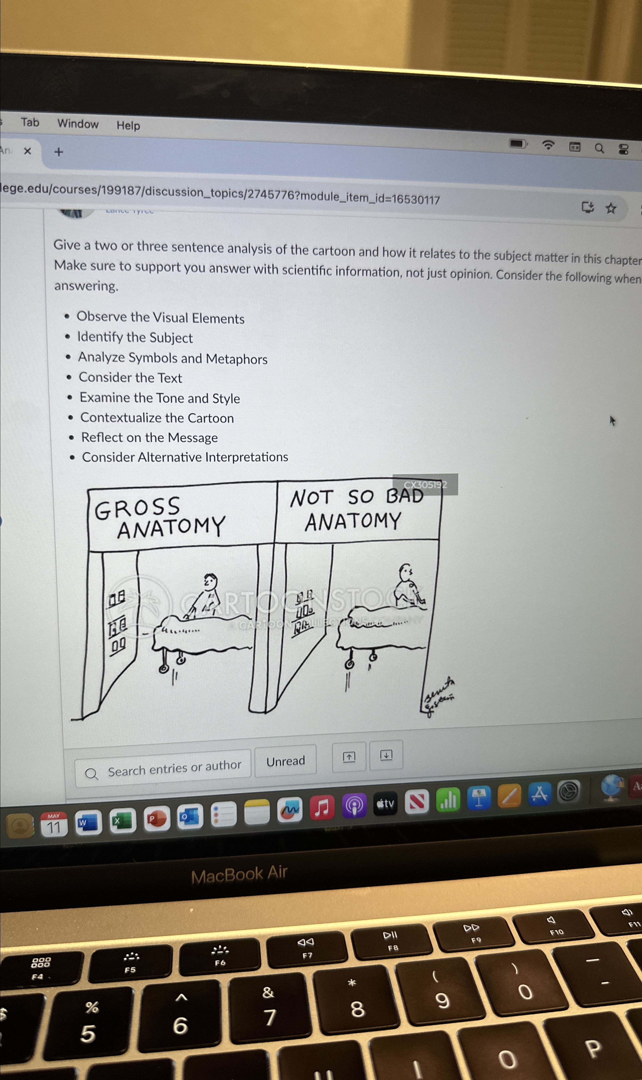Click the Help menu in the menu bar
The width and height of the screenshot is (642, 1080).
128,125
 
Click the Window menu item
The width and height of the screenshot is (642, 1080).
78,124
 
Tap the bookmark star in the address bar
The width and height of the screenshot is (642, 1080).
610,208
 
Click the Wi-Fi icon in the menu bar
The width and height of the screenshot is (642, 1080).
548,145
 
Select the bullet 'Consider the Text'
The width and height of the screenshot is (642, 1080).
130,378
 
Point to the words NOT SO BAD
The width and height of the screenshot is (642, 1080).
356,497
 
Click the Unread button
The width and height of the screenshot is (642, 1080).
286,761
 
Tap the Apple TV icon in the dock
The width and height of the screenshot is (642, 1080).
385,803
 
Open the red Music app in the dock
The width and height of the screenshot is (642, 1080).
322,807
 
